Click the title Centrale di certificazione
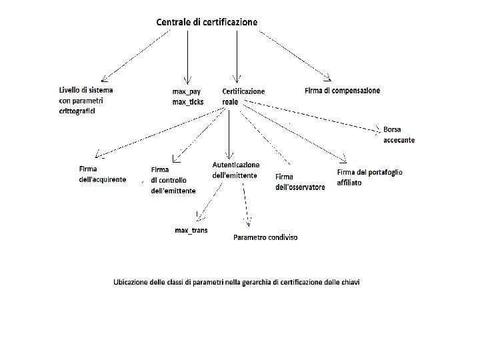point(207,22)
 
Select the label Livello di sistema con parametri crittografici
point(86,100)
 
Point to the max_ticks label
point(188,101)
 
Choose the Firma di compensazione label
point(342,90)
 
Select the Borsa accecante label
point(399,134)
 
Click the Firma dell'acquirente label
point(102,175)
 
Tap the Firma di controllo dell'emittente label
point(173,180)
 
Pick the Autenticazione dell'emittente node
point(236,169)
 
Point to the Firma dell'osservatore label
point(300,182)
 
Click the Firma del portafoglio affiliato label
point(369,177)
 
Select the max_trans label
point(191,230)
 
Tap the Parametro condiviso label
point(265,237)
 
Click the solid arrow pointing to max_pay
point(188,57)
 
